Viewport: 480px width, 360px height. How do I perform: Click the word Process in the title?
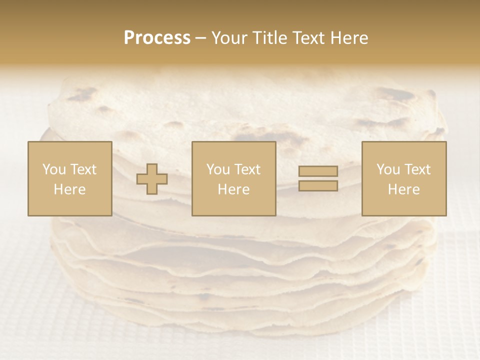click(157, 38)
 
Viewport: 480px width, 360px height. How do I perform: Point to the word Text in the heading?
click(310, 38)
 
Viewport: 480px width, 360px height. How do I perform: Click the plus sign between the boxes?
click(152, 179)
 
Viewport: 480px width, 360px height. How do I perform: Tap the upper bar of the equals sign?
click(318, 171)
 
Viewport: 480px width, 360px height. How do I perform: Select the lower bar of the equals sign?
click(318, 185)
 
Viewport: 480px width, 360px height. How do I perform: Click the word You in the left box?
click(53, 169)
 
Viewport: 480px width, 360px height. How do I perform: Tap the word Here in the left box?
click(69, 189)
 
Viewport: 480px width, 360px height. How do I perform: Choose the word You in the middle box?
click(217, 169)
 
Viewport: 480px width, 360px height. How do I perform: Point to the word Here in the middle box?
click(234, 189)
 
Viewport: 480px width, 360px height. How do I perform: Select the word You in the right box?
click(387, 169)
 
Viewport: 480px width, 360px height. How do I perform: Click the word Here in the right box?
click(404, 189)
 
